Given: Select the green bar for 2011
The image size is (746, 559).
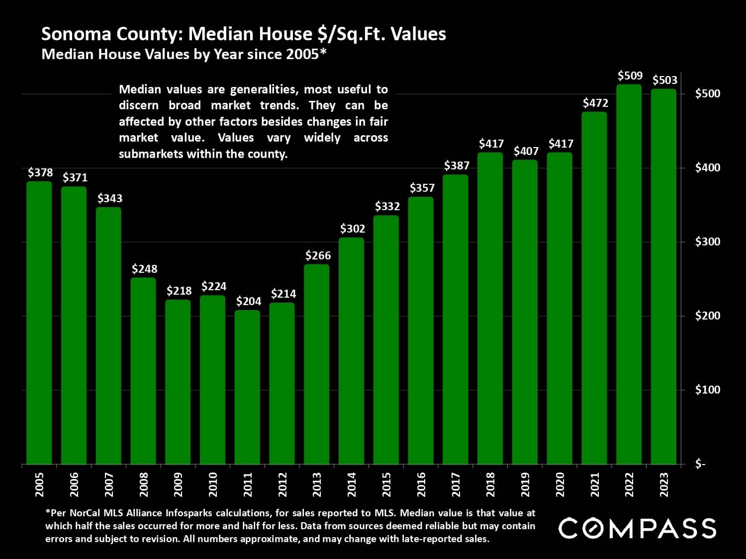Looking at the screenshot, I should pos(247,388).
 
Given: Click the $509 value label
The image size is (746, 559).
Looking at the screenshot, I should pos(630,76).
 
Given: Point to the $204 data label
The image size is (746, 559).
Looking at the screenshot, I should pos(248,301).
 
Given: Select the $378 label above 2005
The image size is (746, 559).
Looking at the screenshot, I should pos(40,172).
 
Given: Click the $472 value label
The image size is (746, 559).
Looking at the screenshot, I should pos(595,103).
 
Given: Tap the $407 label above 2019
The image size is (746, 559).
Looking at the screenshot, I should pos(526,151).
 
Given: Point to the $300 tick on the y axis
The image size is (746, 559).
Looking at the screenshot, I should pos(707,242).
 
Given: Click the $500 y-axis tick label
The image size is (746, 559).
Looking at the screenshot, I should pos(707,94).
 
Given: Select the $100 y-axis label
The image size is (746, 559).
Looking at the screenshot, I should pos(707,390).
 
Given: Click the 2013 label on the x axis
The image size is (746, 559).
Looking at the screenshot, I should pos(317,484).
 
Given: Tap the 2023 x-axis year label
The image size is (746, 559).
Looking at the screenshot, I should pos(664,484).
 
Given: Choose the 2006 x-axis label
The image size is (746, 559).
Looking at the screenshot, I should pos(74,484).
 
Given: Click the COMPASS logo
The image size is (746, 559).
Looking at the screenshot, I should pos(637,528).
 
